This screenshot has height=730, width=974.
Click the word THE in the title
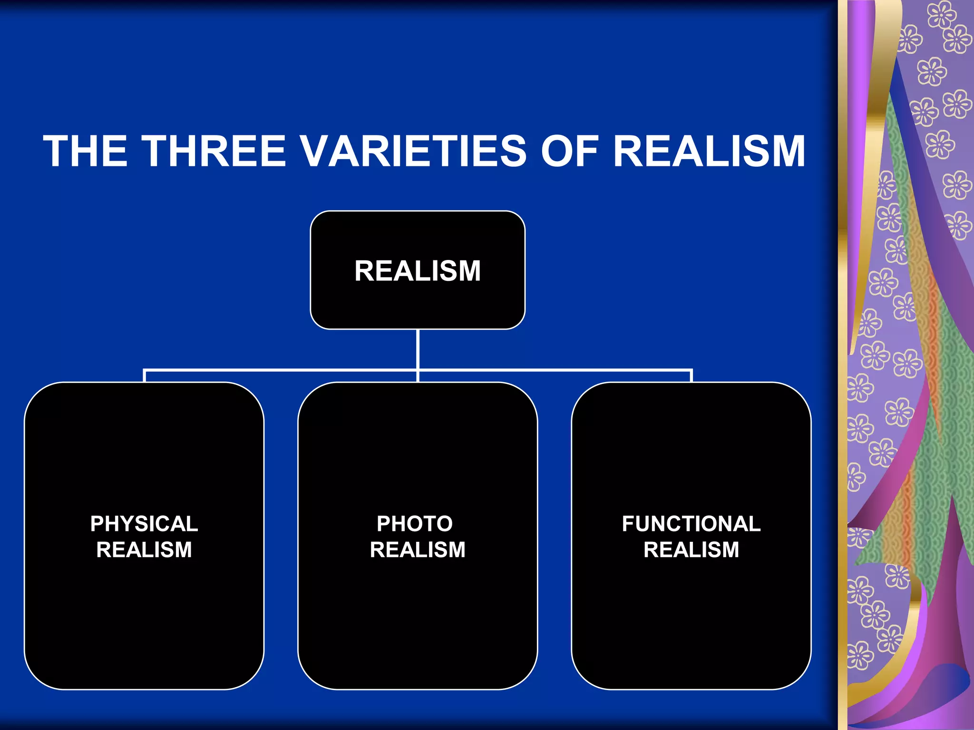click(86, 151)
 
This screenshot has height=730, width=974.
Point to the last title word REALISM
click(709, 151)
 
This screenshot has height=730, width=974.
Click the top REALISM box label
click(418, 271)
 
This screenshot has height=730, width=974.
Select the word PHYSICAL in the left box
click(144, 524)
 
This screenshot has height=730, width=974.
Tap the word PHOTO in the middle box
click(415, 524)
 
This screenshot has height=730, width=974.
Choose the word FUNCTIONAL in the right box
click(691, 524)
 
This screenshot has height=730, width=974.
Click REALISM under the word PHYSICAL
click(144, 550)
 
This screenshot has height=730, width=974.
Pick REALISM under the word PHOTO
click(418, 550)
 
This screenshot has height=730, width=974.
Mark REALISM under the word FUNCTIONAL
click(691, 550)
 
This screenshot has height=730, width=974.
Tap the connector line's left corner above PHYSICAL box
click(145, 370)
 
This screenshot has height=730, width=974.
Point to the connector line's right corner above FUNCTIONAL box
click(691, 370)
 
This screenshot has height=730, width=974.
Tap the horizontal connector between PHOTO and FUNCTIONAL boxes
click(554, 369)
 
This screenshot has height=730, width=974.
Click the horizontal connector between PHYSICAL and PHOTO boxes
click(281, 369)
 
